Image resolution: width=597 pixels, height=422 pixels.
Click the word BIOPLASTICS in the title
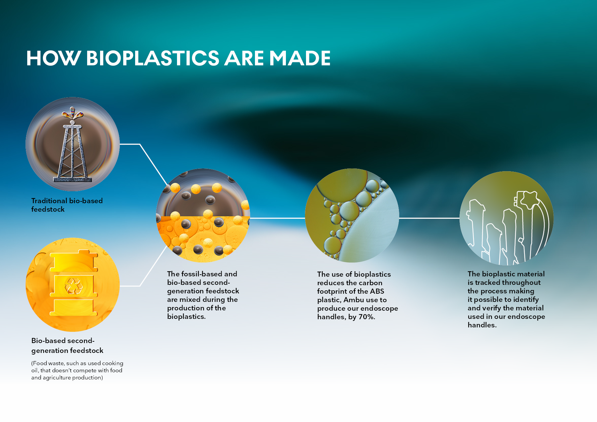click(153, 58)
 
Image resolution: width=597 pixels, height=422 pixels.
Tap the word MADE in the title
click(300, 58)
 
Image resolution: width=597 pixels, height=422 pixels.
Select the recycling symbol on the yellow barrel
click(74, 286)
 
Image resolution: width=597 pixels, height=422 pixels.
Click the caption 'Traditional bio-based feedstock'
click(67, 205)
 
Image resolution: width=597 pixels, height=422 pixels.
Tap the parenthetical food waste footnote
click(77, 370)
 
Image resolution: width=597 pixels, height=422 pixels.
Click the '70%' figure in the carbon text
click(367, 317)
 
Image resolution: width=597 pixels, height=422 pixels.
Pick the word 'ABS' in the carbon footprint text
click(377, 291)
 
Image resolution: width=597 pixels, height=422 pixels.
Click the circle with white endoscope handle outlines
click(506, 218)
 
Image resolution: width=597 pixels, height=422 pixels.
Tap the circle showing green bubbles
click(352, 215)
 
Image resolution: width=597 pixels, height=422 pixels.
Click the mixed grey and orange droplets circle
click(203, 215)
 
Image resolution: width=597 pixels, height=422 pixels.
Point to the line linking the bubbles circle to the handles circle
click(429, 218)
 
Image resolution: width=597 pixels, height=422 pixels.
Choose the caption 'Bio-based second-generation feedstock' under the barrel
click(67, 345)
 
